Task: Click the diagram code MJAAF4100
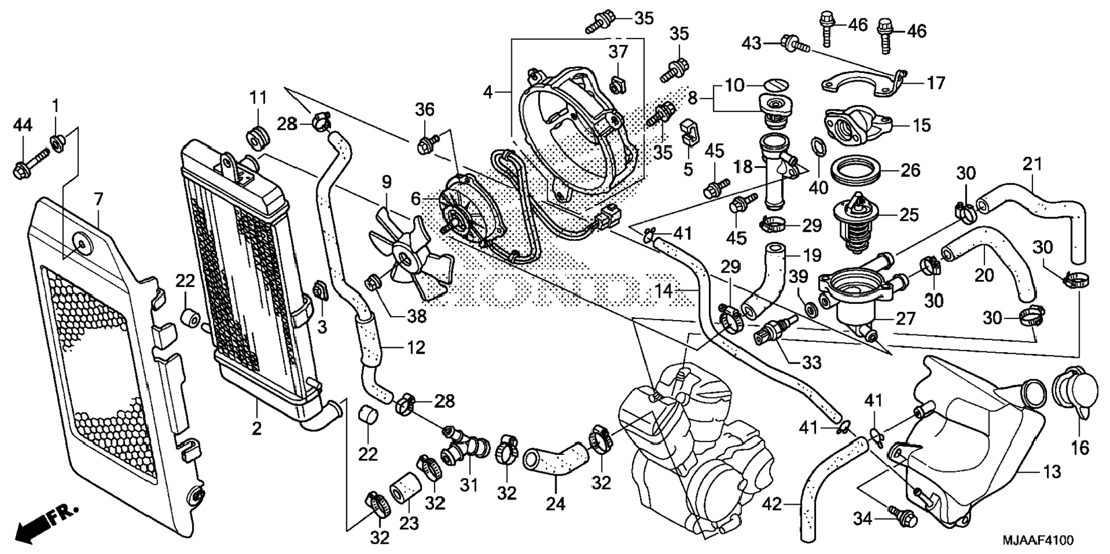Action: pos(1037,540)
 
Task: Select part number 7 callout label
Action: pos(99,200)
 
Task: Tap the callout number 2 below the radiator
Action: pos(257,428)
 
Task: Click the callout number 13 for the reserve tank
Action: pos(1051,473)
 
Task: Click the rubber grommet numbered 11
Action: pos(258,138)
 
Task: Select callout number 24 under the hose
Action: pos(556,504)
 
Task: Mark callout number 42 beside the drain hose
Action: pos(773,505)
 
